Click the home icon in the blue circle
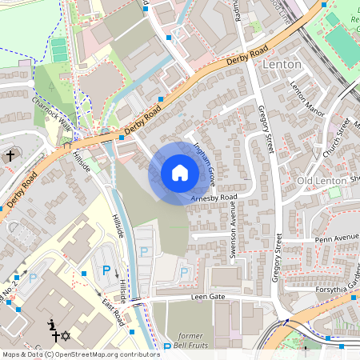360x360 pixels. [x=180, y=173]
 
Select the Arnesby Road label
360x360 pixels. [x=214, y=197]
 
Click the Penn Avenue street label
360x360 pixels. [x=336, y=238]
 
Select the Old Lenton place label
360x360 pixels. [x=321, y=181]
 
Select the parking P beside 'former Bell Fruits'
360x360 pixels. [x=167, y=347]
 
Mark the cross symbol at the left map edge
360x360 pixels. [x=11, y=157]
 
